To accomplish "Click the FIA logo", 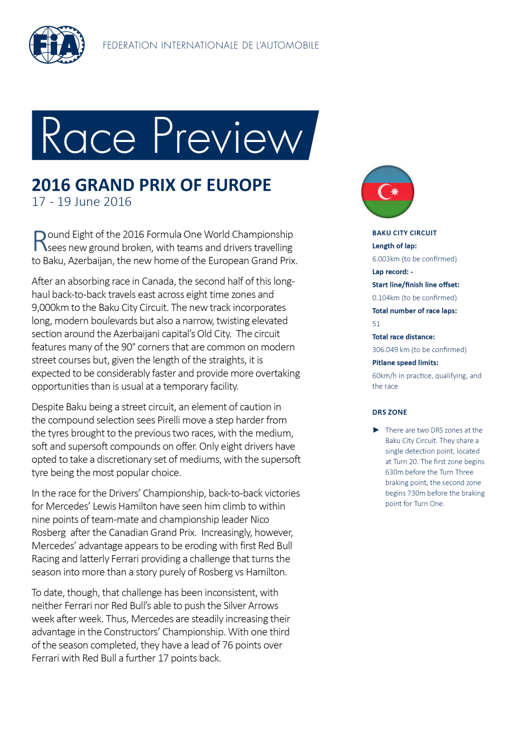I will tap(56, 45).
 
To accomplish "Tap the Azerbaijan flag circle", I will tap(388, 192).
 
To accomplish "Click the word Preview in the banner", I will tap(228, 136).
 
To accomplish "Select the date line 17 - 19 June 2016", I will tap(82, 202).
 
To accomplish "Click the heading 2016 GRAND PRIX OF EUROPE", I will tap(151, 185).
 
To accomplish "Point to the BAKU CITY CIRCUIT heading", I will tap(404, 233).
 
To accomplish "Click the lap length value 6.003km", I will tap(386, 259).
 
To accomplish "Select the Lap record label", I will tap(390, 272).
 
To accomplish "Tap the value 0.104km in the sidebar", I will tap(386, 298).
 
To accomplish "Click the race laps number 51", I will tap(376, 324).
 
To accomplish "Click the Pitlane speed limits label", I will tap(405, 363).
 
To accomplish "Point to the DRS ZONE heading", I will tap(389, 412).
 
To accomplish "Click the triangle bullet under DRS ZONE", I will tap(376, 430).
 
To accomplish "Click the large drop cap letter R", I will tap(39, 241).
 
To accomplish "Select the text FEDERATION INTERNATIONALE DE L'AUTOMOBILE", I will tap(211, 46).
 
